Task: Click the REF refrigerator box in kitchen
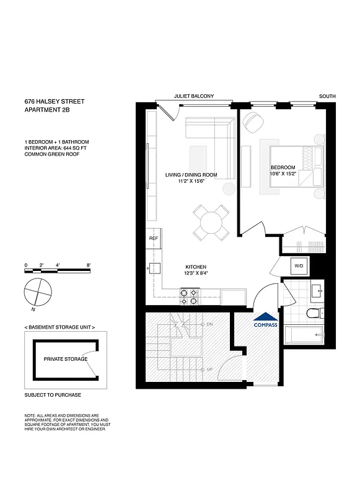click(x=153, y=238)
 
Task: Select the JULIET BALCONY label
click(x=195, y=96)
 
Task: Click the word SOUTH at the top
click(x=327, y=96)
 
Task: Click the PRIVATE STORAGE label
click(x=66, y=359)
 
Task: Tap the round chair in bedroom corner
click(x=254, y=122)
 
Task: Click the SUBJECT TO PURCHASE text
click(x=53, y=395)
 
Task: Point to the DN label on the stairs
click(x=209, y=324)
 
